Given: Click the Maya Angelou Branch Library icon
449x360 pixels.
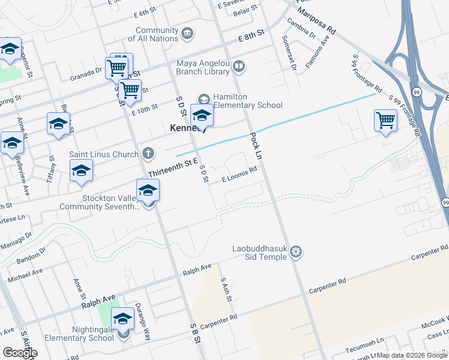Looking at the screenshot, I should click(239, 66).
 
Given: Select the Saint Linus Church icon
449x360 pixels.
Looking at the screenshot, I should click(148, 154).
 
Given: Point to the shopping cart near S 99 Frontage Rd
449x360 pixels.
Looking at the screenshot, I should click(385, 121).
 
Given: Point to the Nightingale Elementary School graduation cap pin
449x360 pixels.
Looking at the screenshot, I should click(123, 320).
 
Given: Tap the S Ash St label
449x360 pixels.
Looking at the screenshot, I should click(226, 289).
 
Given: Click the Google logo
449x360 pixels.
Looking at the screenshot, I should click(20, 352).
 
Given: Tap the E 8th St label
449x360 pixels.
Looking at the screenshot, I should click(251, 37).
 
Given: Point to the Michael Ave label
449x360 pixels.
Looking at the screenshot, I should click(25, 275).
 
